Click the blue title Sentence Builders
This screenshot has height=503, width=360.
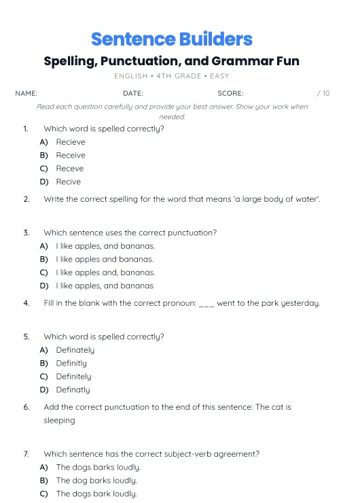171,39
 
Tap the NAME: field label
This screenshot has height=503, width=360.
26,93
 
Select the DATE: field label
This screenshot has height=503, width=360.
133,93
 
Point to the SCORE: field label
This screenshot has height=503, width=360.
230,93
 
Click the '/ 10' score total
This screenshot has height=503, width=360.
323,93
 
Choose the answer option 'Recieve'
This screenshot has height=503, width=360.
71,142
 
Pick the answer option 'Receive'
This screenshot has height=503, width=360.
71,155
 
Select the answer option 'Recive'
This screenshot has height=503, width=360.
68,181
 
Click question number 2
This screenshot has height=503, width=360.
26,199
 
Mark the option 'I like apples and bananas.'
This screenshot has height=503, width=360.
105,259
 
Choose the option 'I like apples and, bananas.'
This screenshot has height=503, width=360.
105,273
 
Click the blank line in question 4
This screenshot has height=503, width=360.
206,304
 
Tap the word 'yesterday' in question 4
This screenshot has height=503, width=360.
300,303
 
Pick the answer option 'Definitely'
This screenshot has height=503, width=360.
73,377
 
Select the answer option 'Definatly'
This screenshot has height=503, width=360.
73,389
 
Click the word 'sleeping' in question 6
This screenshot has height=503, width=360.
59,420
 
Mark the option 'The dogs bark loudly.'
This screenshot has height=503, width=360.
96,494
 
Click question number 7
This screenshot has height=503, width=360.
26,453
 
